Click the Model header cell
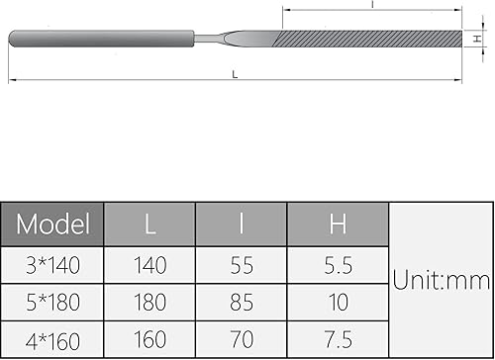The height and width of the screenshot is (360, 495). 54,224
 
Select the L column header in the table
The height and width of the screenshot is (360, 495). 149,224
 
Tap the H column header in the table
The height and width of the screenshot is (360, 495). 339,224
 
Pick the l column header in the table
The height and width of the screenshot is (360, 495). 242,224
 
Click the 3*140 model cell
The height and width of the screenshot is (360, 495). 54,265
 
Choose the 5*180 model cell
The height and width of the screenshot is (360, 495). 54,302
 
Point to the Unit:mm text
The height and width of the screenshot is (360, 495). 441,281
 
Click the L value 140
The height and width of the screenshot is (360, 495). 149,265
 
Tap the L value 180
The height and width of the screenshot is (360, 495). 149,302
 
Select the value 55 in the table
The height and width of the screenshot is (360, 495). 242,265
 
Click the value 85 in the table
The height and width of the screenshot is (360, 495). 242,302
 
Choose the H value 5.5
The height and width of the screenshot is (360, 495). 339,265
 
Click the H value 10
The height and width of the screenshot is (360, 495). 339,302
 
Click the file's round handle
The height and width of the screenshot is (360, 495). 99,39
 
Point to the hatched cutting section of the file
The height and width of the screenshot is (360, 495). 366,39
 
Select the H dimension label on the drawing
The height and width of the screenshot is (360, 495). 476,39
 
